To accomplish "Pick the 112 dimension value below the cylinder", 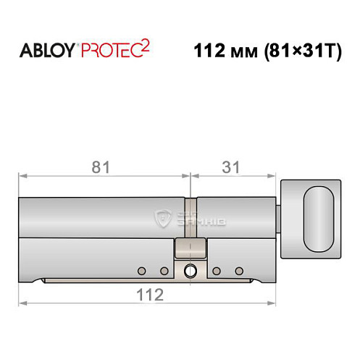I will [148, 295].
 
